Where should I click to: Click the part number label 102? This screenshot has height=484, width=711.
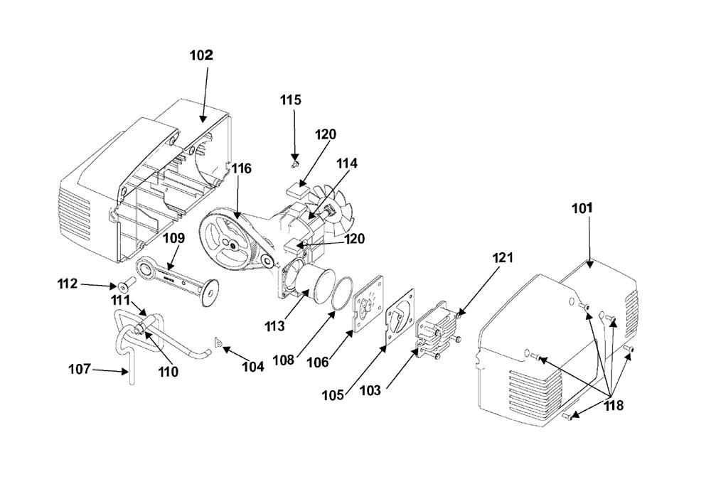click(x=201, y=55)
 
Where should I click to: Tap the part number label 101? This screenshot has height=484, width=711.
click(x=582, y=208)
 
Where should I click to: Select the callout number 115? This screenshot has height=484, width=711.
click(x=290, y=100)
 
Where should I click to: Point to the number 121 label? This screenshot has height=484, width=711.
click(x=502, y=258)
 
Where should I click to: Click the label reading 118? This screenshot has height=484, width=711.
click(x=614, y=406)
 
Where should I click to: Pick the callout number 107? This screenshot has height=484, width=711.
click(x=80, y=370)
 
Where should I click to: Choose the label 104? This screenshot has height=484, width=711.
click(x=253, y=367)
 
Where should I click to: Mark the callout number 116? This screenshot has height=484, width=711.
click(x=241, y=168)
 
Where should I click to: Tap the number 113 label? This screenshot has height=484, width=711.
click(x=274, y=326)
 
